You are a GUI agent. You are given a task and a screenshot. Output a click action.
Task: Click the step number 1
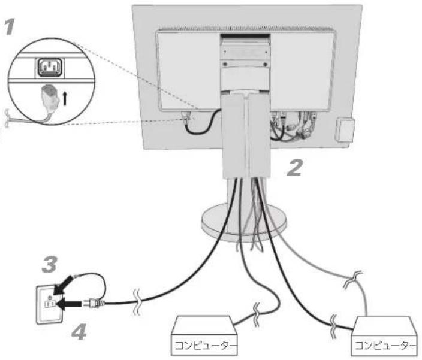point(10,26)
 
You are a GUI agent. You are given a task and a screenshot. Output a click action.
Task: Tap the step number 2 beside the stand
point(294,168)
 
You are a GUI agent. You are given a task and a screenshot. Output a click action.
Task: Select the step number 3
point(50,264)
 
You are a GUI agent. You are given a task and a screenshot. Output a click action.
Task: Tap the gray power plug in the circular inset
point(50,98)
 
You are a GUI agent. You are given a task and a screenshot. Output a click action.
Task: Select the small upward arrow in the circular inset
point(65,98)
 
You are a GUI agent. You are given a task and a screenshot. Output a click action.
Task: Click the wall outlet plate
point(50,305)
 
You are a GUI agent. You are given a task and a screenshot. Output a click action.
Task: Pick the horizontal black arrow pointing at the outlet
point(69,304)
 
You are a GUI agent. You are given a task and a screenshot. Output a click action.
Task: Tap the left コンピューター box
point(204,336)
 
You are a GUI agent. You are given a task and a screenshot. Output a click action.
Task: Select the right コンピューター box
point(385,337)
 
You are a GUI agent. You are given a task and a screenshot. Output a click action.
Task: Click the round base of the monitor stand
point(243,222)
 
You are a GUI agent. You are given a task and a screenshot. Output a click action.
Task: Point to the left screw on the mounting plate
point(225,64)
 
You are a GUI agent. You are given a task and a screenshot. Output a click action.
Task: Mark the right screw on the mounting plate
point(266,65)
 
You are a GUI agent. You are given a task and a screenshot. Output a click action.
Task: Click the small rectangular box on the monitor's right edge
point(345,130)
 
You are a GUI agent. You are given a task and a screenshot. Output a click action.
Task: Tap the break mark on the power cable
point(137,302)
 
